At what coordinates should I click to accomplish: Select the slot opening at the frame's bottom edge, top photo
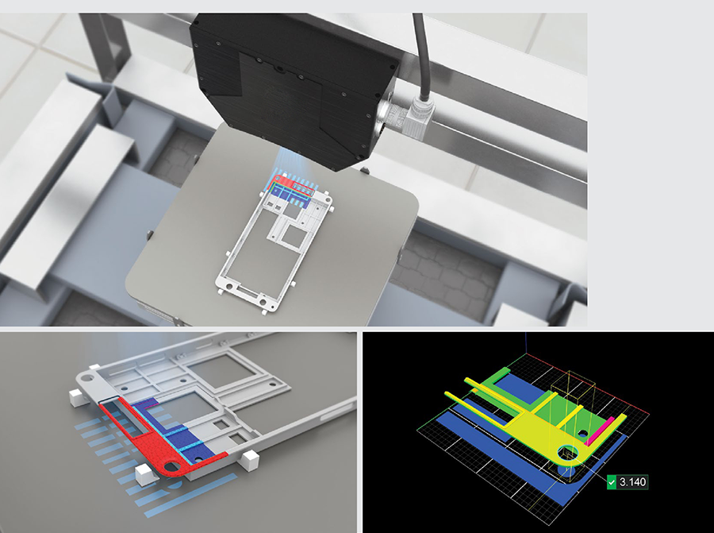248,290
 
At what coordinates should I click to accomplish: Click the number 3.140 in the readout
632,482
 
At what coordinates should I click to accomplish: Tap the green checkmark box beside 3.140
612,482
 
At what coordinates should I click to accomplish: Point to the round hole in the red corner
172,466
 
